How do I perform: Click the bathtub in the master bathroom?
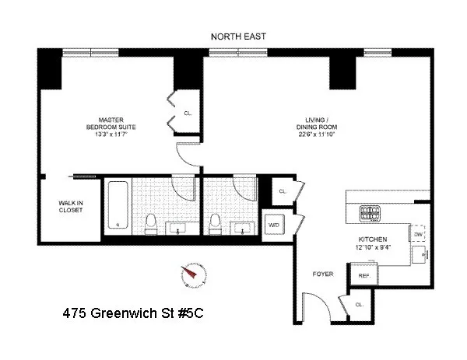[x=118, y=205]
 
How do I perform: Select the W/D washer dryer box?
[x=274, y=225]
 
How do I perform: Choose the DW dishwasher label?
[x=418, y=234]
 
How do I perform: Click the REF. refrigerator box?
[x=363, y=276]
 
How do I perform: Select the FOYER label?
[x=322, y=273]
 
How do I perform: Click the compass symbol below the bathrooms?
[x=188, y=275]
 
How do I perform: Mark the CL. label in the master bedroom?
[x=188, y=113]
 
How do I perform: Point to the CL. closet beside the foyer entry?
[x=359, y=305]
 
